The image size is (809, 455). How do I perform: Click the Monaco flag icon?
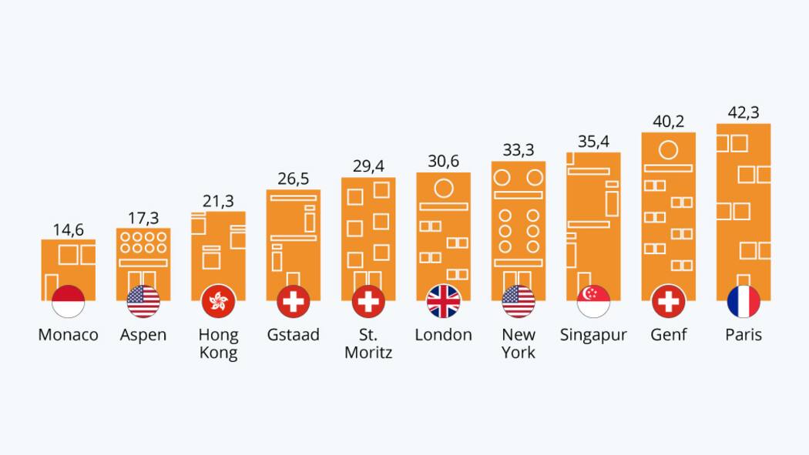pos(68,301)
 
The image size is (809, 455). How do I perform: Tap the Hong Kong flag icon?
pos(218,301)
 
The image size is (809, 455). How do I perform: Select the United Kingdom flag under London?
pos(443,301)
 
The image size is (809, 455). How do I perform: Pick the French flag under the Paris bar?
pos(744,301)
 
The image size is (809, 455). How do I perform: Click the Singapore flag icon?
pos(593,301)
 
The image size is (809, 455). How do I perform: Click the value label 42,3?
pos(744,112)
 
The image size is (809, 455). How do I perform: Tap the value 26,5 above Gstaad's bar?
pos(293,179)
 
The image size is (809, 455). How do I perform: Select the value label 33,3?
pos(519,150)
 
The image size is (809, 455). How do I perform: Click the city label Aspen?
pos(143,335)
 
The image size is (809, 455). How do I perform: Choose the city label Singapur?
pos(593,335)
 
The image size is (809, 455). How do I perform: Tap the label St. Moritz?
pos(368,343)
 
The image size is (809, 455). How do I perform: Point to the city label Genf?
pos(668,335)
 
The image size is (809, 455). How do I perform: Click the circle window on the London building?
pos(443,187)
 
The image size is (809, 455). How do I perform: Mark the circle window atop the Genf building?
pos(668,150)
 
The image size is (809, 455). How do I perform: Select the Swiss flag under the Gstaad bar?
pos(293,301)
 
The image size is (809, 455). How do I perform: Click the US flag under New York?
pos(519,301)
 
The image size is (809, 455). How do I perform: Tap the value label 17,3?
pos(143,218)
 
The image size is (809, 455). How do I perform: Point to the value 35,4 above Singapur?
pos(593,142)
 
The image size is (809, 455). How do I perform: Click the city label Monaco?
pos(68,335)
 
